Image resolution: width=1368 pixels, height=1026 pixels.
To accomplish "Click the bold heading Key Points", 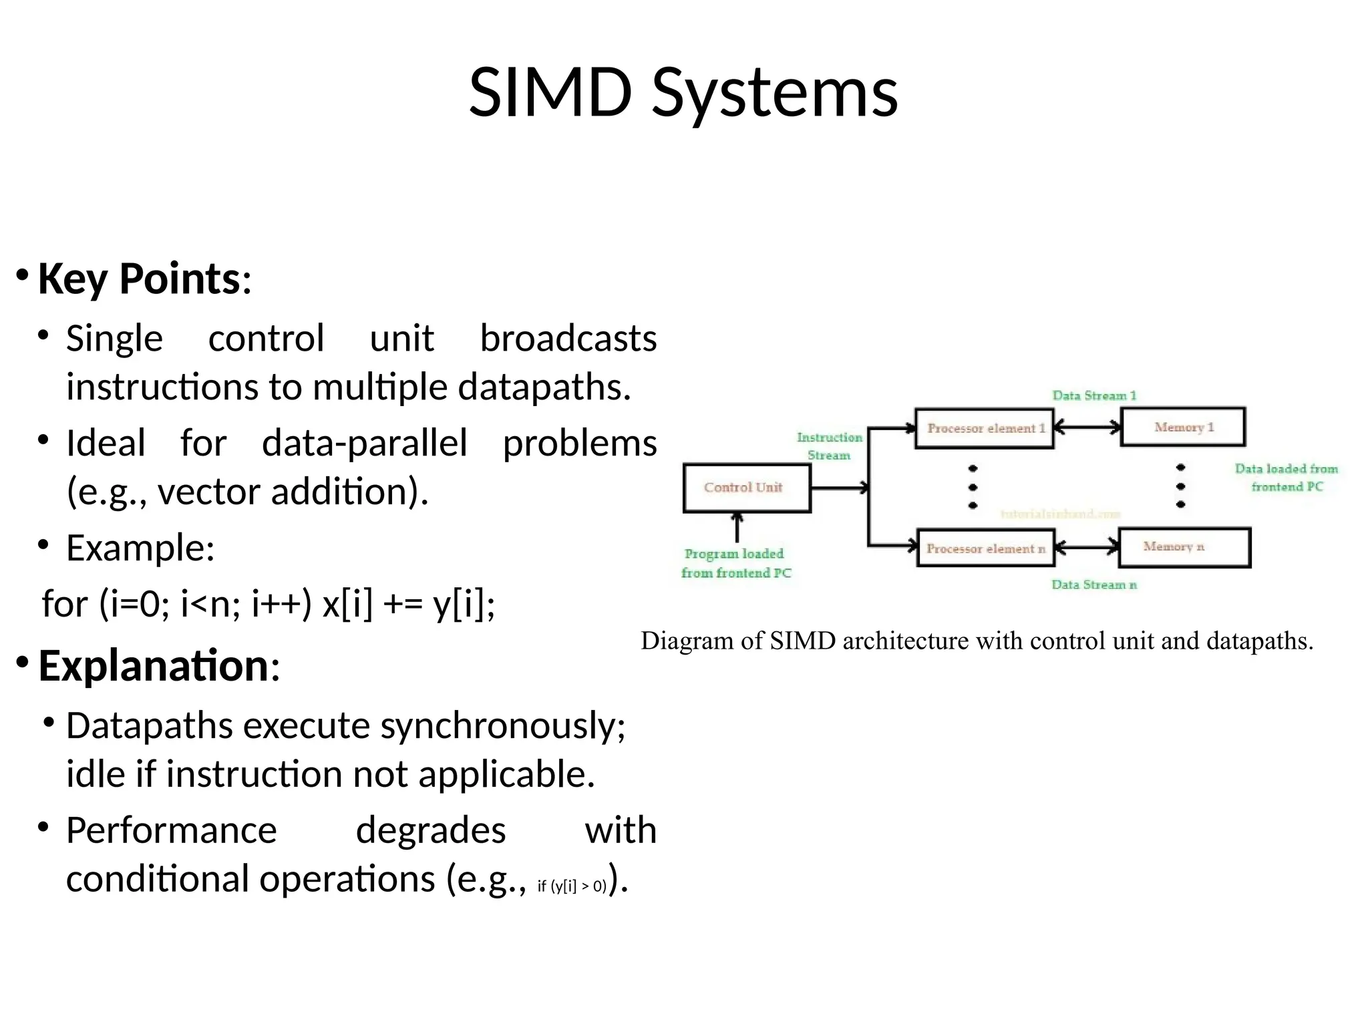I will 138,279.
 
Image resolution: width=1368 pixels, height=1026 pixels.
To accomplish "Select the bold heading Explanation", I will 154,666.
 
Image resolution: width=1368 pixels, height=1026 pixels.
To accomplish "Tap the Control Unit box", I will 746,488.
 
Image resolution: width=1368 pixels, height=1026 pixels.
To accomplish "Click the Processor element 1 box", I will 984,428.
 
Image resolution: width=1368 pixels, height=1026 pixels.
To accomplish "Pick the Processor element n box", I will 985,548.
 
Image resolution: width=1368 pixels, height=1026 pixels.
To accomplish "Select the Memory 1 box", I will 1183,427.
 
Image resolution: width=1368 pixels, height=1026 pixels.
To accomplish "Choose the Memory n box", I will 1184,547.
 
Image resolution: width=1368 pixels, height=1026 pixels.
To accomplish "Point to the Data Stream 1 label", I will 1093,395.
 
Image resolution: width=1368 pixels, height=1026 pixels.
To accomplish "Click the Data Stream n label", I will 1093,585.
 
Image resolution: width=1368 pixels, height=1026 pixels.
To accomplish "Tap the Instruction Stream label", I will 829,446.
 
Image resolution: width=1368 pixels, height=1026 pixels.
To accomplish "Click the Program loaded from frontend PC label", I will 735,563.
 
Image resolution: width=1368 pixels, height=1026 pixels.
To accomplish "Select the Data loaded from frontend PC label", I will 1286,478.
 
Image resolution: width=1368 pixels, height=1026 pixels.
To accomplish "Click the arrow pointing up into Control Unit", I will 737,528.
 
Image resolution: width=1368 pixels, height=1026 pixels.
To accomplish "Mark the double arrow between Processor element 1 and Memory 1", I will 1087,427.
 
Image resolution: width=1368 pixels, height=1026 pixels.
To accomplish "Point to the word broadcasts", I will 568,339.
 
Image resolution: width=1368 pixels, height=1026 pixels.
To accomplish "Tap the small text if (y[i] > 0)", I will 571,886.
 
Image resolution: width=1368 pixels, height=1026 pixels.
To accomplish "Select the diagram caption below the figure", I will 977,641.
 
